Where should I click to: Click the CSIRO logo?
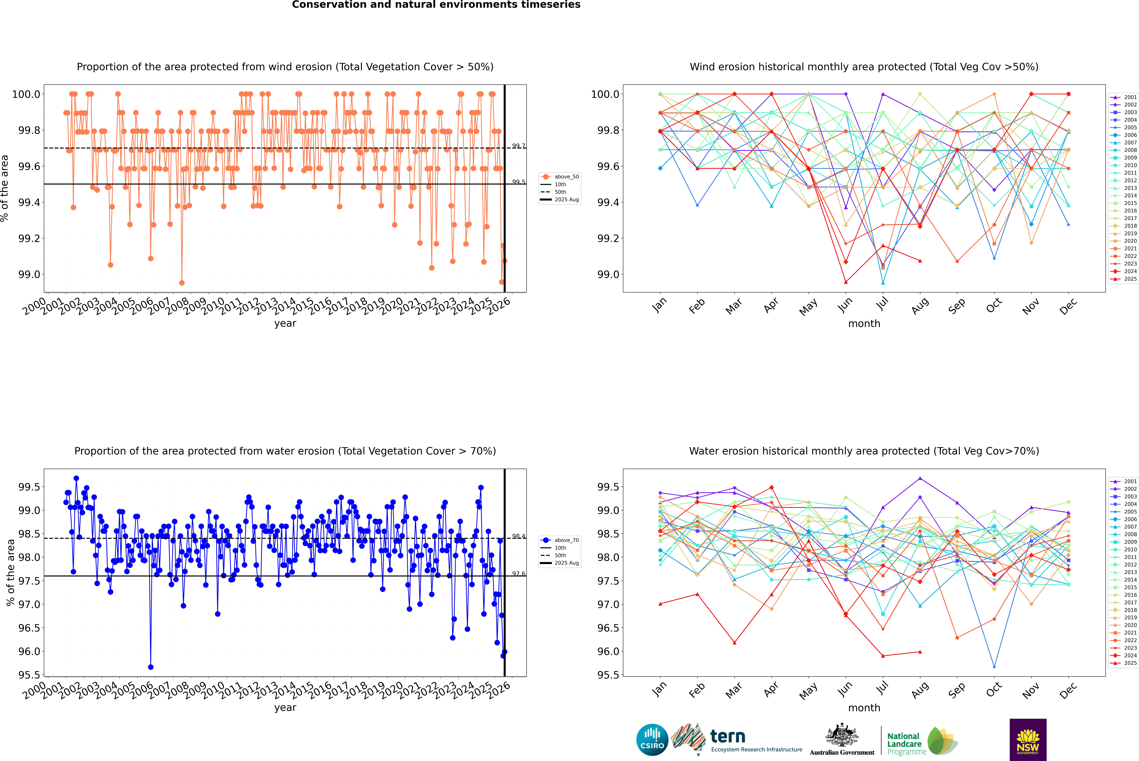tap(652, 740)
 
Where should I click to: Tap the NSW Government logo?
tap(1028, 740)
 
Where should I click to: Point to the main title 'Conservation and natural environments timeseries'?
tap(436, 5)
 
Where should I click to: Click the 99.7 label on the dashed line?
tap(518, 146)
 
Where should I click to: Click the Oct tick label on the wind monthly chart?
tap(994, 306)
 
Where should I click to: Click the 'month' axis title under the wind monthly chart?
tap(864, 324)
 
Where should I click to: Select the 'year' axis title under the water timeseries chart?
tap(285, 708)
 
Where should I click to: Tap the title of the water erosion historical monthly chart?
tap(864, 451)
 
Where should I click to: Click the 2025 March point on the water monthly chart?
tap(734, 643)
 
